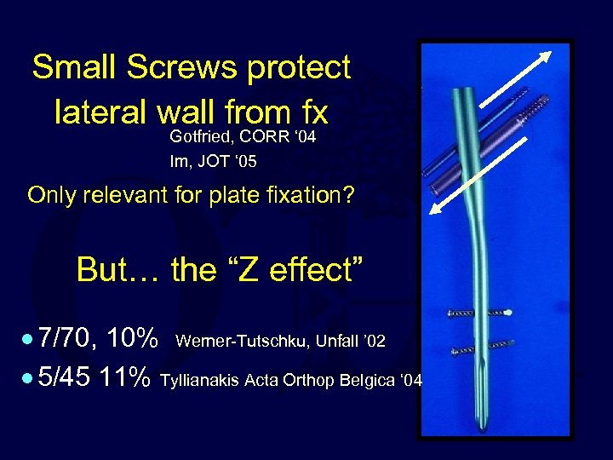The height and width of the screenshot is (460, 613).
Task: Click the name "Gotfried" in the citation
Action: [202, 137]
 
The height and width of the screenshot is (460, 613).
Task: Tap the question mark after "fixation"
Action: [349, 195]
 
